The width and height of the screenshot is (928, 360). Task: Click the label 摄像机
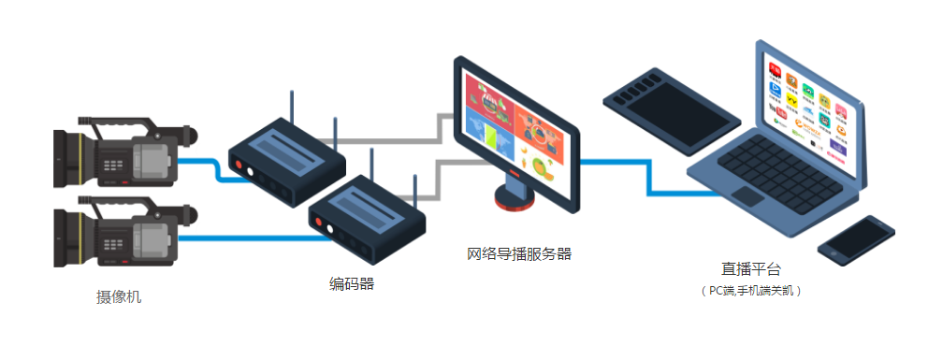(119, 297)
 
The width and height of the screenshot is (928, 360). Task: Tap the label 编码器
(351, 283)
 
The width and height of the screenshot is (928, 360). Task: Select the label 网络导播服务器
(518, 253)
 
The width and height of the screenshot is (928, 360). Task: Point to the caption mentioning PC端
(752, 291)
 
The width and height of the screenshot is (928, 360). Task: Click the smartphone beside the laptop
(855, 239)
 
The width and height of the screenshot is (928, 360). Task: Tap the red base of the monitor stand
(514, 199)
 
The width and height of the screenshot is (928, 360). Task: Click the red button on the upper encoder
(240, 167)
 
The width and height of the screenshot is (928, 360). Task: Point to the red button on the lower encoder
(320, 224)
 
